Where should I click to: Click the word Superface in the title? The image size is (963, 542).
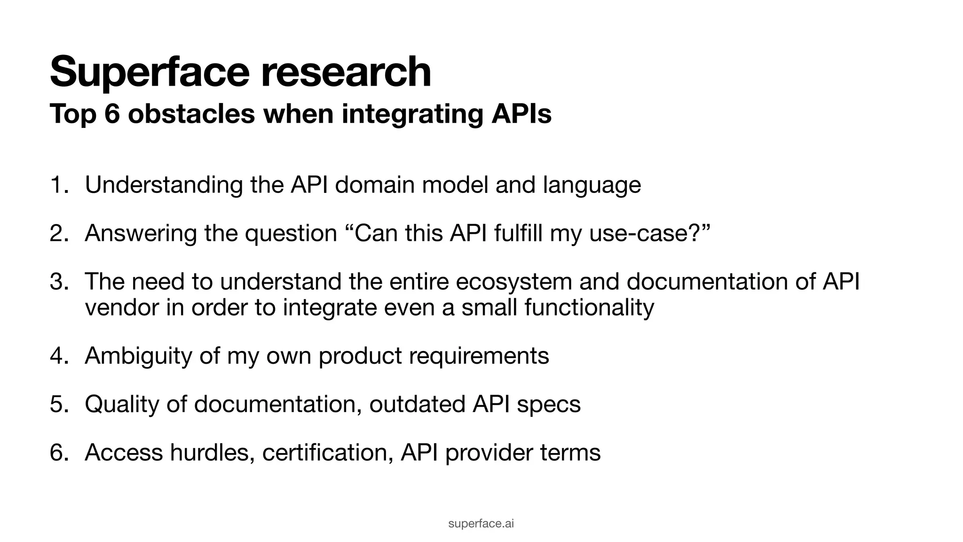[150, 72]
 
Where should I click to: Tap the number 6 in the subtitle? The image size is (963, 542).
[112, 114]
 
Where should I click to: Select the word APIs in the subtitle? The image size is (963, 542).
[521, 114]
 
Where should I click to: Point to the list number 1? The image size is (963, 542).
[57, 185]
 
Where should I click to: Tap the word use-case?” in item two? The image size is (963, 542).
[649, 233]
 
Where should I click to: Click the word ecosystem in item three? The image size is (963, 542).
[514, 282]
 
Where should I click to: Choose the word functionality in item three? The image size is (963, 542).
[589, 308]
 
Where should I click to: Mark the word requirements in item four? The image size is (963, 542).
[479, 356]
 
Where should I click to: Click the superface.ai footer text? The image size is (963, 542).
[481, 524]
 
